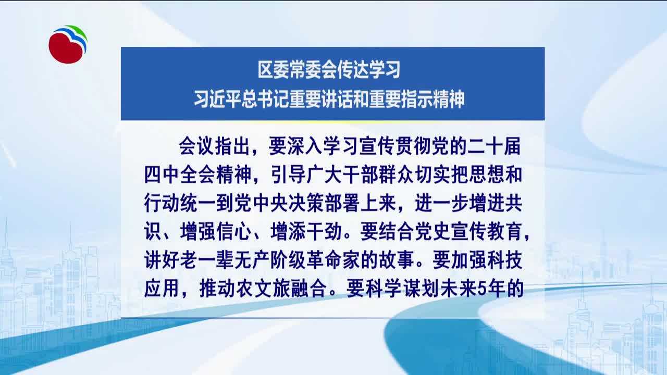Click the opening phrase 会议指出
click(214, 146)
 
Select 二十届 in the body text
click(494, 146)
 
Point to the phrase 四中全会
click(180, 174)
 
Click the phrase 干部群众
click(378, 174)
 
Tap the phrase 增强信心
click(216, 232)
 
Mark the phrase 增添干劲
click(306, 232)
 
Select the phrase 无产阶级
click(270, 260)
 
